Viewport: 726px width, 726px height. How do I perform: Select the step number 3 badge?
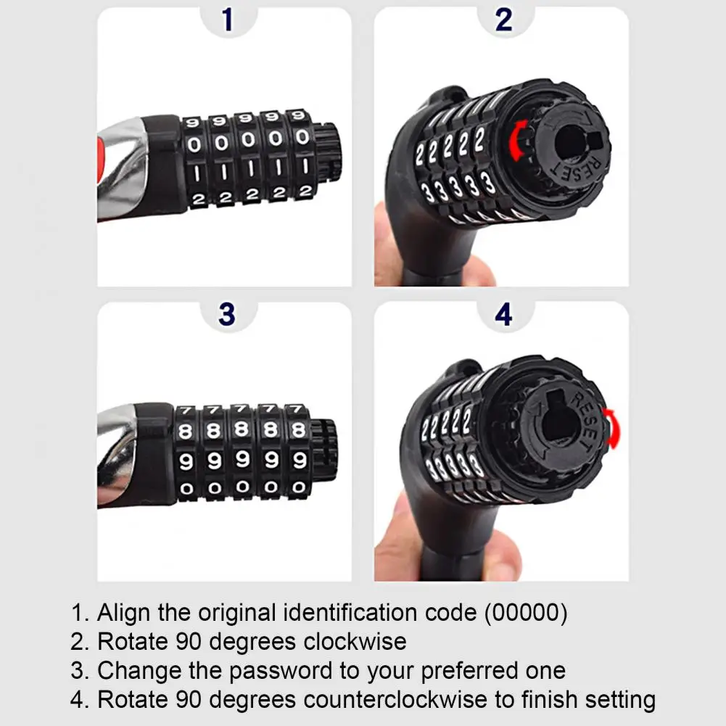pos(227,314)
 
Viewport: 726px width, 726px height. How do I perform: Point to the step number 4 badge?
pos(504,314)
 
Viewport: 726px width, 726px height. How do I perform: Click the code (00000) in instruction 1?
pos(526,613)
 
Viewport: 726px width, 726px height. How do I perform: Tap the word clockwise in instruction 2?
pos(355,641)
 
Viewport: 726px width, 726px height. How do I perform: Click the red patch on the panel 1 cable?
pos(102,155)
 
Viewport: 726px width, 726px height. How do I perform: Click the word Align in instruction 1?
pos(123,613)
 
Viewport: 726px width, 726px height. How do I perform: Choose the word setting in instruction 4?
pos(620,700)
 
